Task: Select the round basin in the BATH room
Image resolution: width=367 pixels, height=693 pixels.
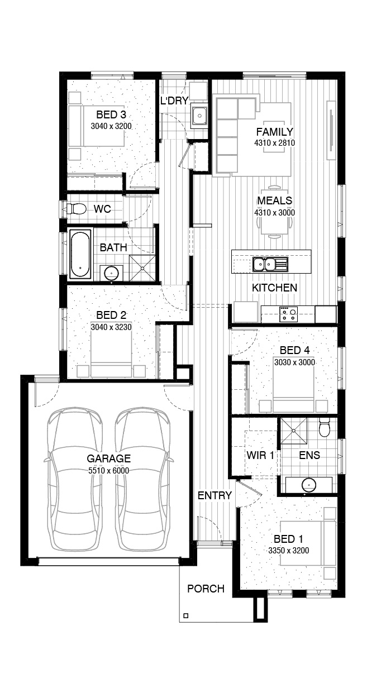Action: click(111, 273)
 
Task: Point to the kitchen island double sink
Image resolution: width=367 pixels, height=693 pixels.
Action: click(270, 265)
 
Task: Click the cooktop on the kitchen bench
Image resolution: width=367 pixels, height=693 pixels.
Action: click(288, 314)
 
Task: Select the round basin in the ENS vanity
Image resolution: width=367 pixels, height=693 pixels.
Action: click(309, 485)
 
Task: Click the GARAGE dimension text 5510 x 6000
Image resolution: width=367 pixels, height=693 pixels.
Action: click(108, 471)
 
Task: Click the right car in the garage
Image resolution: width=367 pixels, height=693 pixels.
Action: click(142, 480)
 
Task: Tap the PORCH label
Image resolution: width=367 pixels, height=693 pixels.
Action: click(206, 589)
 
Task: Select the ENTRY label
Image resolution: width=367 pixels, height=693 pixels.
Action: click(215, 495)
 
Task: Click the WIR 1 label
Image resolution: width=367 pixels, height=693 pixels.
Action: click(260, 455)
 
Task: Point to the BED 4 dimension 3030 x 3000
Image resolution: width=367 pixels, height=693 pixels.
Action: click(294, 362)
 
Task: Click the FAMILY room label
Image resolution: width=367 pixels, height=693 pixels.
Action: click(274, 132)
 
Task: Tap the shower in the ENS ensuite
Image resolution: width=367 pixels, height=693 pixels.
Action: click(294, 431)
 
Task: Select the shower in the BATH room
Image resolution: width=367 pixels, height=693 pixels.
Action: click(142, 268)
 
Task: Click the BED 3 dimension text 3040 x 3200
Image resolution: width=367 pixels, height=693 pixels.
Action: click(111, 126)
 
